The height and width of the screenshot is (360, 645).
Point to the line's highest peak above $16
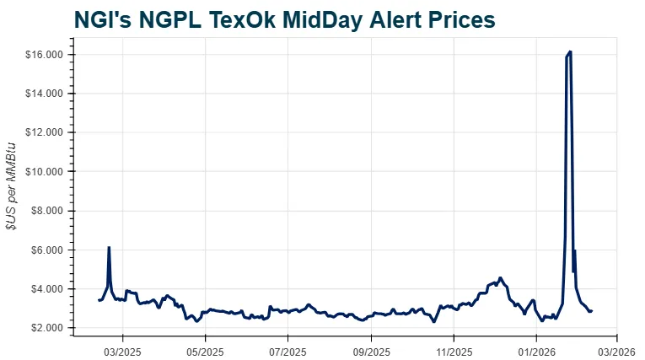click(x=571, y=51)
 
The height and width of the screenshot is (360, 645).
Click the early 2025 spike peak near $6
click(x=109, y=247)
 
